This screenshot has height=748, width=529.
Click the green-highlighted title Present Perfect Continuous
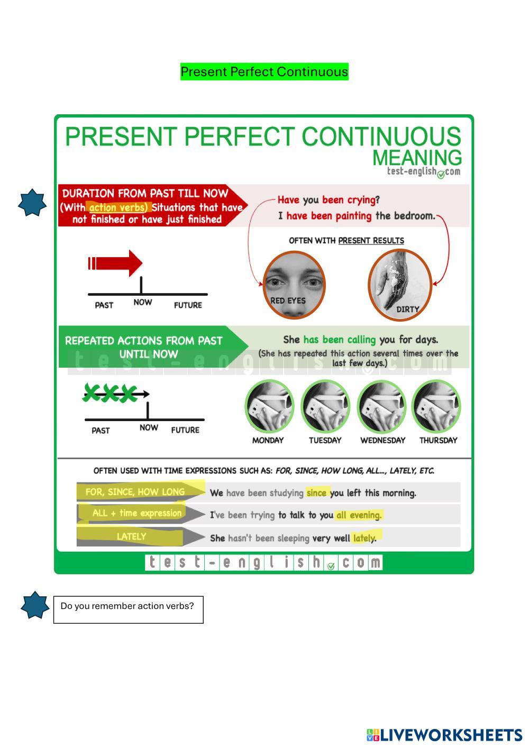[x=264, y=71]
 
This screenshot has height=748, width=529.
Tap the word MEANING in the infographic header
[x=417, y=158]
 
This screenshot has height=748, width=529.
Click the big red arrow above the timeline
[x=115, y=263]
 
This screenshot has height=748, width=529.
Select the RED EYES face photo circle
[x=294, y=285]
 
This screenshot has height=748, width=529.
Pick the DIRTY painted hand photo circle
[x=400, y=285]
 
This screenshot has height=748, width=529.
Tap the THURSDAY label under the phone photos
[x=438, y=441]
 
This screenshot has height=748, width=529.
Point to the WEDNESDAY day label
[x=382, y=441]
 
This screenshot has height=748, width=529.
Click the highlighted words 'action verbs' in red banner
[x=117, y=208]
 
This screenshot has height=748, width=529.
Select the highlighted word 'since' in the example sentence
[x=316, y=493]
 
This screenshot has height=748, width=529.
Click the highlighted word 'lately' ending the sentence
[x=364, y=538]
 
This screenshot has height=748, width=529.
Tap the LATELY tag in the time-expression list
[x=131, y=536]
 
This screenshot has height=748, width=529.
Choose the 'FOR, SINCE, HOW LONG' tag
[x=135, y=492]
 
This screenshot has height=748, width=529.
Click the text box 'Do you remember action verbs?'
[x=128, y=610]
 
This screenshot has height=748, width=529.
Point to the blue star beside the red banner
[x=32, y=203]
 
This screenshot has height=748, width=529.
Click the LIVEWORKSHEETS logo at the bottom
[x=444, y=735]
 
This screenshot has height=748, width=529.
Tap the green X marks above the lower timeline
[x=110, y=393]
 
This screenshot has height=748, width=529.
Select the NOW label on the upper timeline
[x=143, y=302]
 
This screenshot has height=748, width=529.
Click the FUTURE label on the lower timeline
[x=185, y=430]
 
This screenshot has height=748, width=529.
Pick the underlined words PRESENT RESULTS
[x=371, y=241]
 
